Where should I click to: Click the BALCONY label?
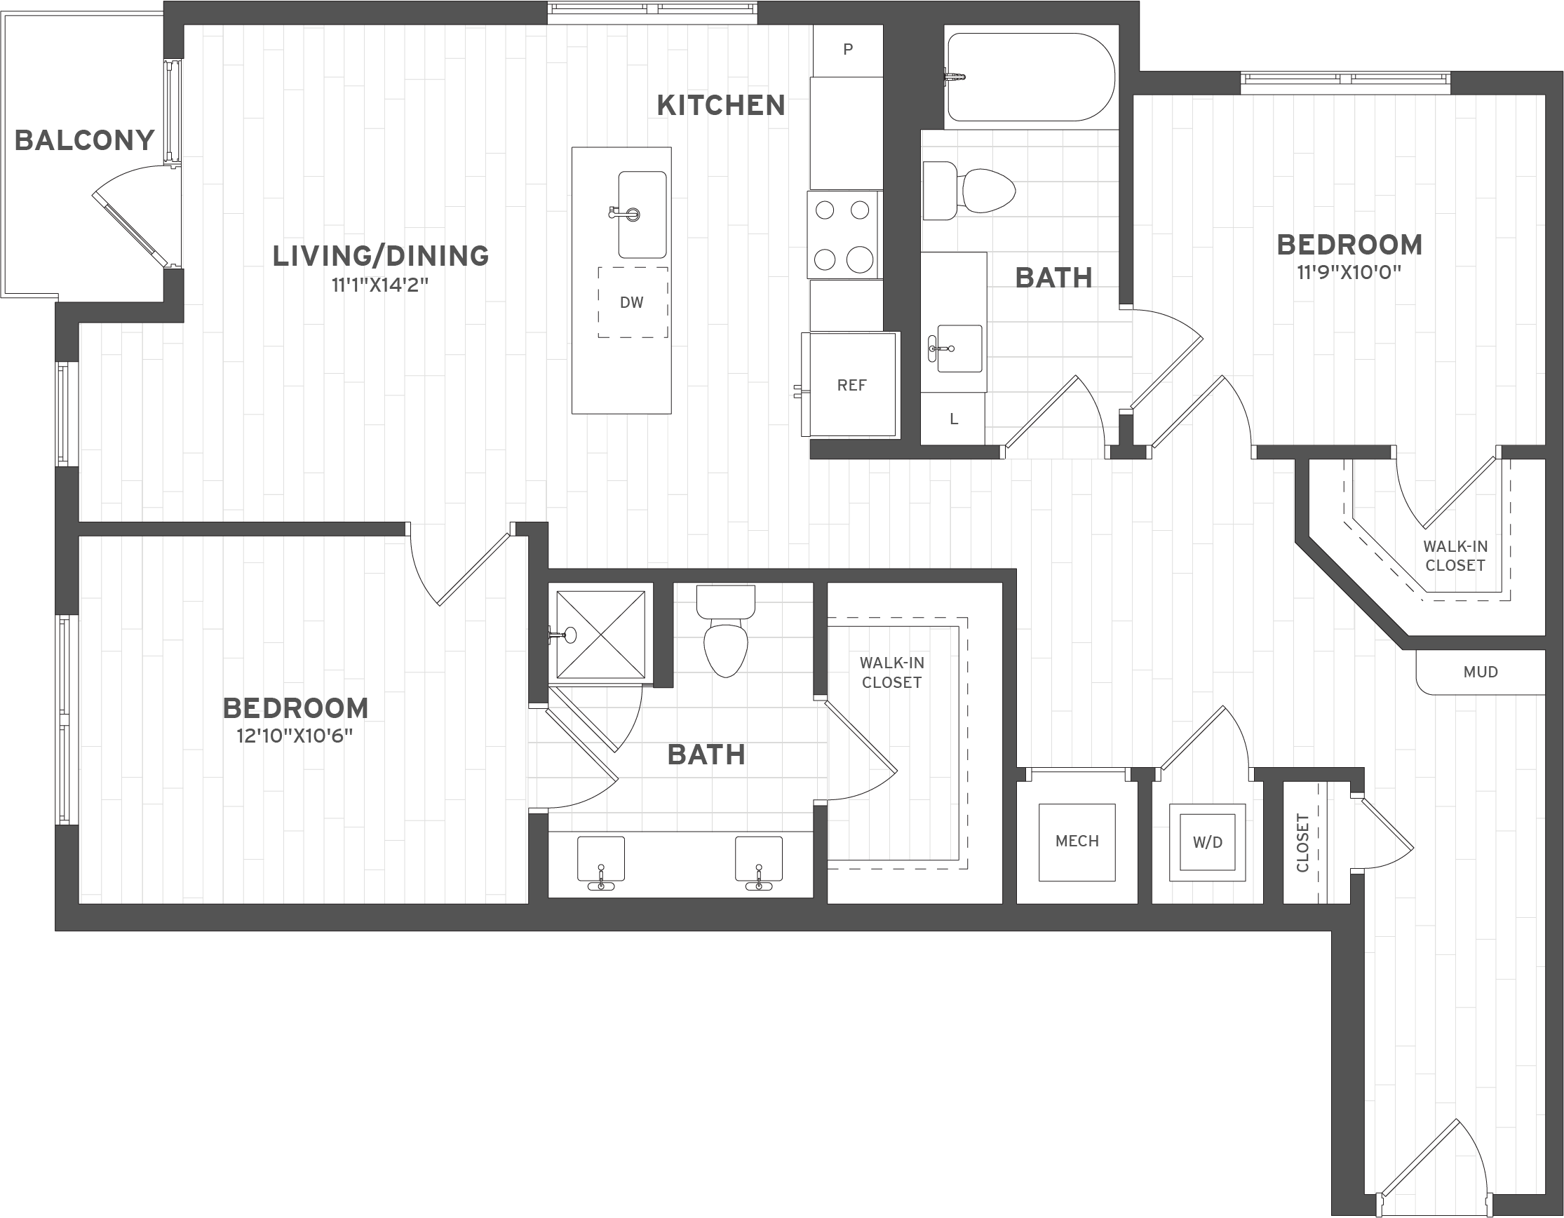click(x=84, y=140)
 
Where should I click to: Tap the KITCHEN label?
click(x=720, y=105)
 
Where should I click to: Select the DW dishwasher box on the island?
click(x=633, y=302)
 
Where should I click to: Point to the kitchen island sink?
click(x=642, y=214)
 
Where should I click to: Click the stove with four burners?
click(x=844, y=234)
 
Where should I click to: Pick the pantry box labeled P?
click(x=848, y=49)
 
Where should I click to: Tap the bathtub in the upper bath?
click(x=1030, y=76)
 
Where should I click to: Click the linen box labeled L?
click(x=953, y=419)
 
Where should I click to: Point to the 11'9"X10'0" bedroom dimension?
click(x=1349, y=273)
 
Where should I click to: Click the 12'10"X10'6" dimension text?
click(x=295, y=736)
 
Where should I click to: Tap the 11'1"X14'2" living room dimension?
click(x=379, y=285)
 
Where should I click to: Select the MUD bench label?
click(x=1481, y=672)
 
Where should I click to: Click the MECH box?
click(x=1077, y=841)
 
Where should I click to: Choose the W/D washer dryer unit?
click(x=1208, y=842)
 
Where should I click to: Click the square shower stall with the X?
click(x=600, y=635)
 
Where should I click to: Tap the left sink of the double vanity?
click(x=600, y=861)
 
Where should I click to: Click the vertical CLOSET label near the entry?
click(x=1302, y=843)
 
